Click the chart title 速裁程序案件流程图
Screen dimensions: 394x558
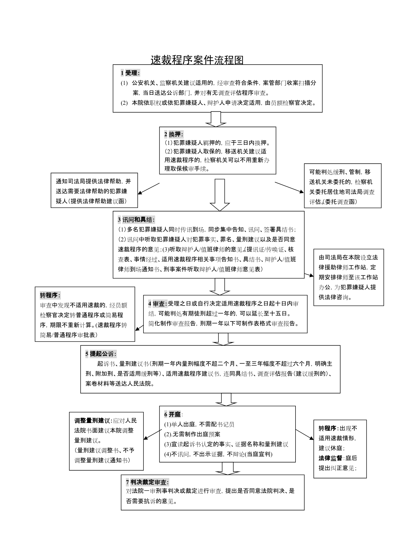coord(197,60)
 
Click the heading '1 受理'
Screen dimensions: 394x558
coord(130,73)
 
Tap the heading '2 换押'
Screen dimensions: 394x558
coord(173,134)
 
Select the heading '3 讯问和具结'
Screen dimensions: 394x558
coord(136,220)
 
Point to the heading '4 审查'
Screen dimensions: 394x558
coord(158,304)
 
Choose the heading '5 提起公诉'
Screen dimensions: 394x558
coord(101,354)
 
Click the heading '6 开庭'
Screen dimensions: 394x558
coord(173,414)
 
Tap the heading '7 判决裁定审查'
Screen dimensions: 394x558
coord(147,482)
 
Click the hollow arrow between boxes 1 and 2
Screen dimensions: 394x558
coord(216,119)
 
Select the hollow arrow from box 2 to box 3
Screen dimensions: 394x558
coord(220,195)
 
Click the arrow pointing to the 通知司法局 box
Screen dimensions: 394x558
coord(149,189)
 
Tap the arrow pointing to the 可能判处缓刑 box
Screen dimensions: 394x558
coord(289,188)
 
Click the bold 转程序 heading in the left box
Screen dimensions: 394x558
coord(50,295)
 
